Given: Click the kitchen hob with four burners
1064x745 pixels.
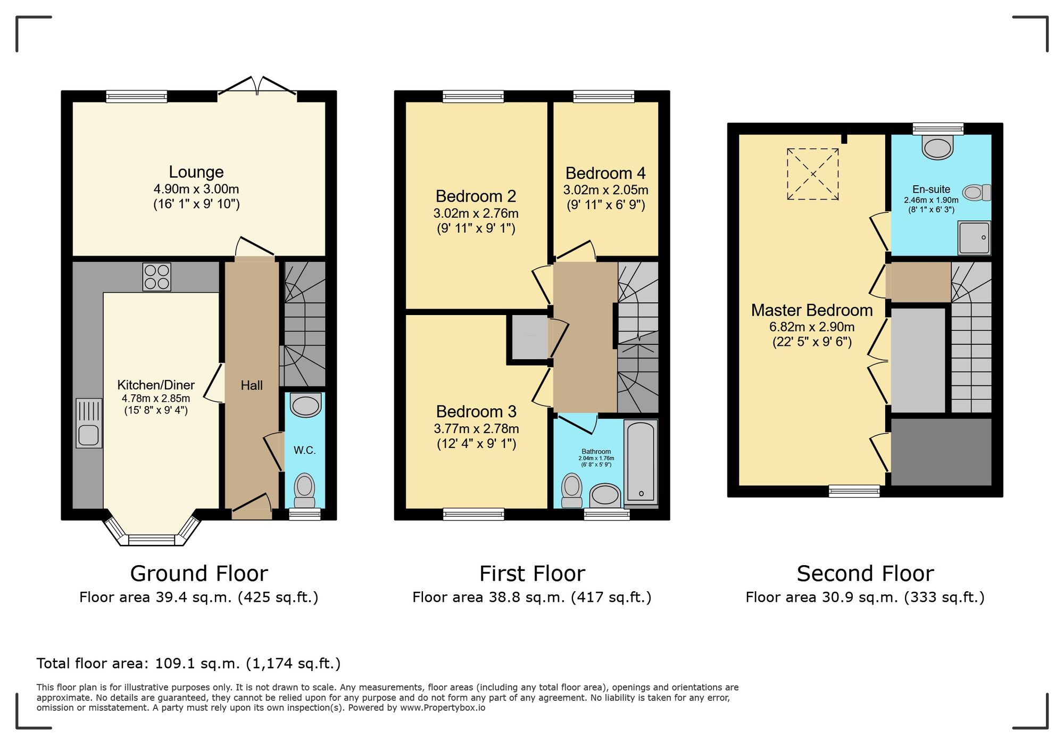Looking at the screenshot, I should [x=156, y=277].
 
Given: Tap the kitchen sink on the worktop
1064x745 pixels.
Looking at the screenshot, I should [x=89, y=424].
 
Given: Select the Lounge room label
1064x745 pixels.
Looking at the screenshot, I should [x=196, y=172].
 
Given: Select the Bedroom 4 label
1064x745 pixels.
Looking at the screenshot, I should [x=605, y=173].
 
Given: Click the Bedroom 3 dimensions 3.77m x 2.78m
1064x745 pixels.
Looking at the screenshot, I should [x=476, y=429].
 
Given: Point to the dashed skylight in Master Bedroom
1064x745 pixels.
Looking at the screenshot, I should [x=813, y=174].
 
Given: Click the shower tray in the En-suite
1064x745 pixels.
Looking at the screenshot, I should [x=974, y=238].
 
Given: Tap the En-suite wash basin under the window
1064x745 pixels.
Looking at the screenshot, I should [x=938, y=148].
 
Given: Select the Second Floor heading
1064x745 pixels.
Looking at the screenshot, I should [x=865, y=574].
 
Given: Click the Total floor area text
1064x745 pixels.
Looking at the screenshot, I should [x=188, y=664].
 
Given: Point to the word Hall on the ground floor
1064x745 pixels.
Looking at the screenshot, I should [x=251, y=385].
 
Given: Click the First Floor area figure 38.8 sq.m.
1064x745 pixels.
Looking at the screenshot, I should [x=532, y=598].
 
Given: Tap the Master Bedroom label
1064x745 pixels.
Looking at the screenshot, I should [x=812, y=310].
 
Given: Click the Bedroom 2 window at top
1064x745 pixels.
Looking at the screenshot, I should [x=473, y=96].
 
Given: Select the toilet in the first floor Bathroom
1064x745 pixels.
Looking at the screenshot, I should [x=572, y=490].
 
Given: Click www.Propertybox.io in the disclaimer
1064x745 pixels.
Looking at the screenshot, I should [x=443, y=708].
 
